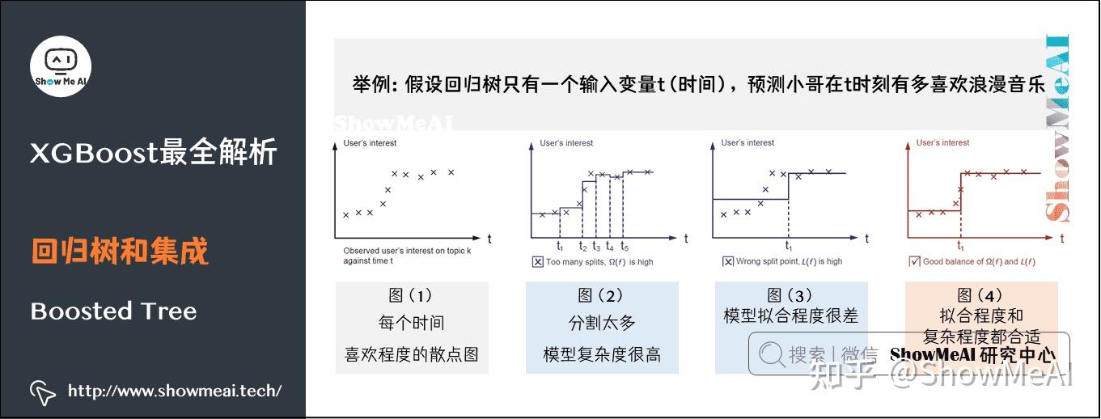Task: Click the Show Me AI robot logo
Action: click(61, 66)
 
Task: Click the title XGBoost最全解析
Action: click(154, 152)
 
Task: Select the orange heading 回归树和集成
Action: click(120, 252)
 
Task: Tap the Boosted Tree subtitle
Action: click(113, 311)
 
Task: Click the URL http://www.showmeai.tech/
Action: click(174, 391)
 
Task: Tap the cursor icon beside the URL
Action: click(43, 392)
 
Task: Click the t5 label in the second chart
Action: click(625, 247)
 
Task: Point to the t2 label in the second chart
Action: click(583, 247)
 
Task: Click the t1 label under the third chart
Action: click(789, 247)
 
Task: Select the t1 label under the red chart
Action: click(961, 247)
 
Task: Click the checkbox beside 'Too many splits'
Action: click(538, 261)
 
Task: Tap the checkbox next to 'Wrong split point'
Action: click(728, 261)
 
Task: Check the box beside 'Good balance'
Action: click(915, 261)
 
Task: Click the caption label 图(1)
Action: click(411, 296)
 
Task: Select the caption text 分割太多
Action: click(602, 324)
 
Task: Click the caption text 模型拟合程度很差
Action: click(790, 315)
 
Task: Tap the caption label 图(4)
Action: click(980, 296)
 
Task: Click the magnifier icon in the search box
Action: click(772, 354)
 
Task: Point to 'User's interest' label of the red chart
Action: click(942, 143)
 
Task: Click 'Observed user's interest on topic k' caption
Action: click(407, 251)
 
